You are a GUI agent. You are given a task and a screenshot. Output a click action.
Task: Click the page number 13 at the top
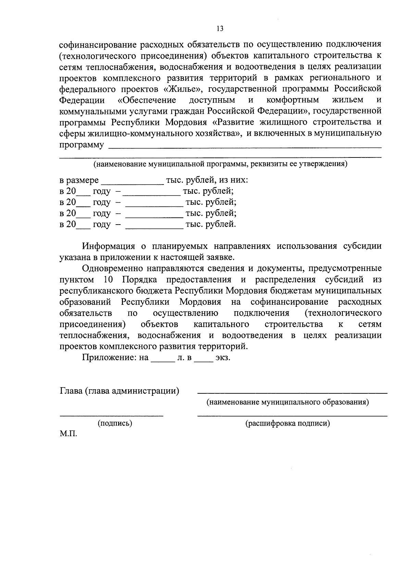click(x=220, y=28)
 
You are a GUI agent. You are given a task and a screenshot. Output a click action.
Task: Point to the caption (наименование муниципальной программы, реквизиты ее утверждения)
click(x=221, y=164)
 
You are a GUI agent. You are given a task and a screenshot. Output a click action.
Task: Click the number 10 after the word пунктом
click(x=108, y=279)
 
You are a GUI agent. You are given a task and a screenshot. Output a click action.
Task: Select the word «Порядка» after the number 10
click(x=139, y=279)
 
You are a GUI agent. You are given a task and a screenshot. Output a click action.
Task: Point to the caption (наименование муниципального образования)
click(x=287, y=402)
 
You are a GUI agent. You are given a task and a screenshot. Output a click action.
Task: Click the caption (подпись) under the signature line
click(x=115, y=423)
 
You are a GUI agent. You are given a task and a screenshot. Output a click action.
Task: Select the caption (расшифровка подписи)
click(x=287, y=423)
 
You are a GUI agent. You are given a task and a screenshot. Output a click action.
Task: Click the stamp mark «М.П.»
click(x=68, y=434)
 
